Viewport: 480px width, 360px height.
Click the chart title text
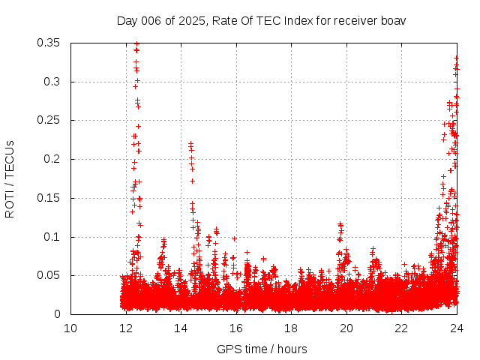point(261,20)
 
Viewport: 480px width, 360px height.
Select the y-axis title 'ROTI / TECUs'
point(10,178)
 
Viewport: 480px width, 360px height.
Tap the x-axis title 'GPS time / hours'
point(262,349)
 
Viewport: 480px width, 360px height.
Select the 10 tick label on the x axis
point(70,328)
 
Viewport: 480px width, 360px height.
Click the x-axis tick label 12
point(126,328)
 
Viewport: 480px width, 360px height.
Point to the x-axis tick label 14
point(181,328)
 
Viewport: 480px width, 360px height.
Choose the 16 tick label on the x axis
point(236,328)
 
